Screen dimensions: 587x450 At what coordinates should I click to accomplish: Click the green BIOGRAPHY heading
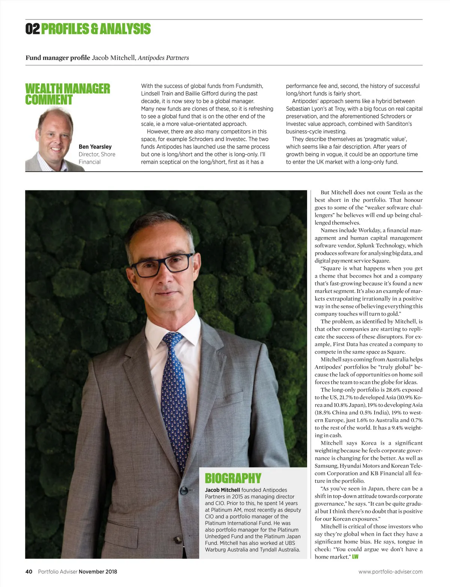[233, 478]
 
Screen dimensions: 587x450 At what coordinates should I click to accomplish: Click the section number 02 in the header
[33, 29]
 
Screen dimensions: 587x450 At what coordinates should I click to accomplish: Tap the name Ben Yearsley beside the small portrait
[95, 147]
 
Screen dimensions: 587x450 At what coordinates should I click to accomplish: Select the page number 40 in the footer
[29, 572]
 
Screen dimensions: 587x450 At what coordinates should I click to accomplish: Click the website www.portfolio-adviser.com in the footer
[390, 572]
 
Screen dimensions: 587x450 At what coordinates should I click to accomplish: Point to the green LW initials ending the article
[355, 557]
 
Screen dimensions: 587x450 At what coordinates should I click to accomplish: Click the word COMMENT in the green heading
[49, 100]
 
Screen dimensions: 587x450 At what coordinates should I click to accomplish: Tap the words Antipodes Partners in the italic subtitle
[163, 58]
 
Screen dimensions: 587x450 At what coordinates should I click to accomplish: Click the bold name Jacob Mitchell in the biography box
[222, 490]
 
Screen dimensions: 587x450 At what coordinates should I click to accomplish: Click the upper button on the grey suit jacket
[184, 491]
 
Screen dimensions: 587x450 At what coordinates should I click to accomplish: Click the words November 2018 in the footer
[98, 572]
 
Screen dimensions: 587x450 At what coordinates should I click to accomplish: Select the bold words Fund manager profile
[58, 58]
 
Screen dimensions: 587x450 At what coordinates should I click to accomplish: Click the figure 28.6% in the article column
[393, 390]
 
